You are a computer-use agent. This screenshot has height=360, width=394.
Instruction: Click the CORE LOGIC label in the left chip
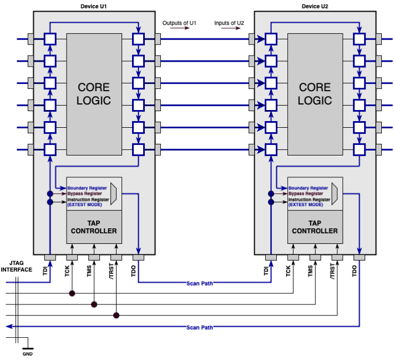pyautogui.click(x=94, y=94)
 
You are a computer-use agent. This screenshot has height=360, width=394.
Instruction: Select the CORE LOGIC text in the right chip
pyautogui.click(x=315, y=94)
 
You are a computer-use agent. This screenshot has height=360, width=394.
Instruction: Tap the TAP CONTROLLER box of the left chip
pyautogui.click(x=94, y=227)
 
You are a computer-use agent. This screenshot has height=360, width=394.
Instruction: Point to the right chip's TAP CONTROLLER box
pyautogui.click(x=315, y=227)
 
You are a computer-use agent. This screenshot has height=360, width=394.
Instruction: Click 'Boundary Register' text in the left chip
pyautogui.click(x=87, y=188)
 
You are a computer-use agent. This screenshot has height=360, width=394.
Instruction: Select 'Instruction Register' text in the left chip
pyautogui.click(x=88, y=199)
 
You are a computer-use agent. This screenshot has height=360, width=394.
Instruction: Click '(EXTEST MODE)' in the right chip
pyautogui.click(x=306, y=205)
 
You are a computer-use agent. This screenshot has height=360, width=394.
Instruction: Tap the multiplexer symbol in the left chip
pyautogui.click(x=114, y=193)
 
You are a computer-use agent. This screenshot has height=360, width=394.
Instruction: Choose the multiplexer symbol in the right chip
pyautogui.click(x=335, y=193)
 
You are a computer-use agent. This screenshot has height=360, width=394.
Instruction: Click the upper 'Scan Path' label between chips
pyautogui.click(x=199, y=283)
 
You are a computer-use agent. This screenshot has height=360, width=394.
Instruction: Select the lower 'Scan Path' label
pyautogui.click(x=199, y=327)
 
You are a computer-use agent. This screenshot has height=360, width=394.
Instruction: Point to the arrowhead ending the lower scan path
pyautogui.click(x=9, y=327)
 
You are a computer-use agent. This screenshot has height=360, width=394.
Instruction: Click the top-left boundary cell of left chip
pyautogui.click(x=50, y=39)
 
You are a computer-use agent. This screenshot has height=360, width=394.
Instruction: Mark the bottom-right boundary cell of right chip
pyautogui.click(x=360, y=149)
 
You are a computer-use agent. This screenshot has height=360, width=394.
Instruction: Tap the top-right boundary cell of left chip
pyautogui.click(x=138, y=39)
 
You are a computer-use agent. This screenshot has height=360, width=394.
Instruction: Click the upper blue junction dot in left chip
pyautogui.click(x=50, y=194)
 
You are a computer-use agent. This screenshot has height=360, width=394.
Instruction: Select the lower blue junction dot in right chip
pyautogui.click(x=271, y=202)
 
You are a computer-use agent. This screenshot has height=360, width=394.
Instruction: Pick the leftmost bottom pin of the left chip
pyautogui.click(x=50, y=257)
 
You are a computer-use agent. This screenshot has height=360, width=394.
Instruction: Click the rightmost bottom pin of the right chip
pyautogui.click(x=360, y=257)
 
